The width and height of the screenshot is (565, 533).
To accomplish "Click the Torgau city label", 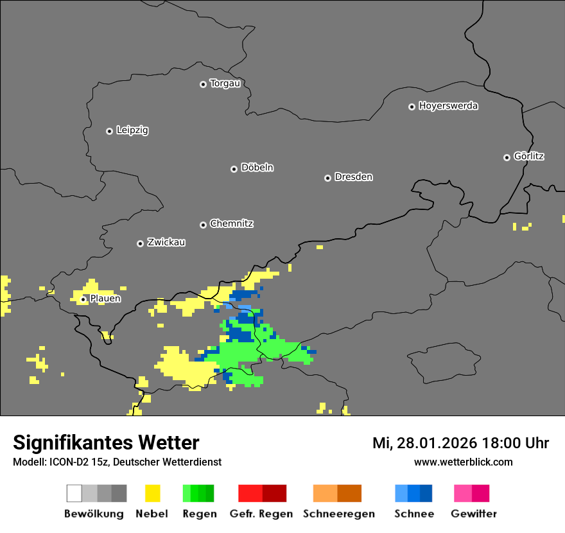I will click(x=225, y=83).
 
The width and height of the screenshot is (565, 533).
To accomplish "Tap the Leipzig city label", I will click(x=132, y=130).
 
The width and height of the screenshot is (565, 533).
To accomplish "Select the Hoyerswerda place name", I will click(x=448, y=106).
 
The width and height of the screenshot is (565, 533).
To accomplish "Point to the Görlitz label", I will click(x=529, y=156).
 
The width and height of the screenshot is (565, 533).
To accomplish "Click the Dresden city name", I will click(x=353, y=177).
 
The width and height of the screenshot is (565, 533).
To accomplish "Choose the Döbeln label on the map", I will click(x=257, y=168).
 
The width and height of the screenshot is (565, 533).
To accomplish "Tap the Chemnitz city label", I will click(x=231, y=224).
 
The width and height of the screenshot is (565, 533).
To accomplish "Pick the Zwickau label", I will click(x=166, y=243).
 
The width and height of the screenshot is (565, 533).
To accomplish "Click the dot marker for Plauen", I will click(x=83, y=299).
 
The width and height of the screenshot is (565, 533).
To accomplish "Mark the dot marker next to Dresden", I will click(x=327, y=178).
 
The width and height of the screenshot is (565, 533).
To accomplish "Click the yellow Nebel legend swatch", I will click(x=152, y=493).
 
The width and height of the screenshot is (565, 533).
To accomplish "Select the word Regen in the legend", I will click(x=198, y=514).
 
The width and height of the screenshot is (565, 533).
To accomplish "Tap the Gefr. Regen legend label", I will click(x=261, y=514).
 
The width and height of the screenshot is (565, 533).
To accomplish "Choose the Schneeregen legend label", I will click(x=339, y=514).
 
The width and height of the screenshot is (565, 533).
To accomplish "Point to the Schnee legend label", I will click(x=413, y=514).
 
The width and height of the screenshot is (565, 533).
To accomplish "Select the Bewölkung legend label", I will click(x=94, y=514).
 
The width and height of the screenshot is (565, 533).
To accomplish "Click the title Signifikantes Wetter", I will click(x=106, y=443).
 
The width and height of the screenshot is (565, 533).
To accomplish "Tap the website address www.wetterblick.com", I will click(x=464, y=462).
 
